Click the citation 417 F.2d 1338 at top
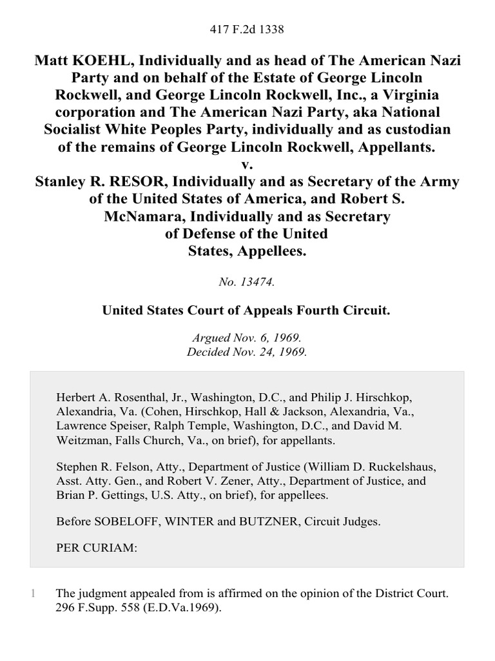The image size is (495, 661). [x=247, y=29]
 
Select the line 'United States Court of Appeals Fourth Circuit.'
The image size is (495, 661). [x=247, y=310]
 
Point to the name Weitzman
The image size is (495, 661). [x=82, y=441]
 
